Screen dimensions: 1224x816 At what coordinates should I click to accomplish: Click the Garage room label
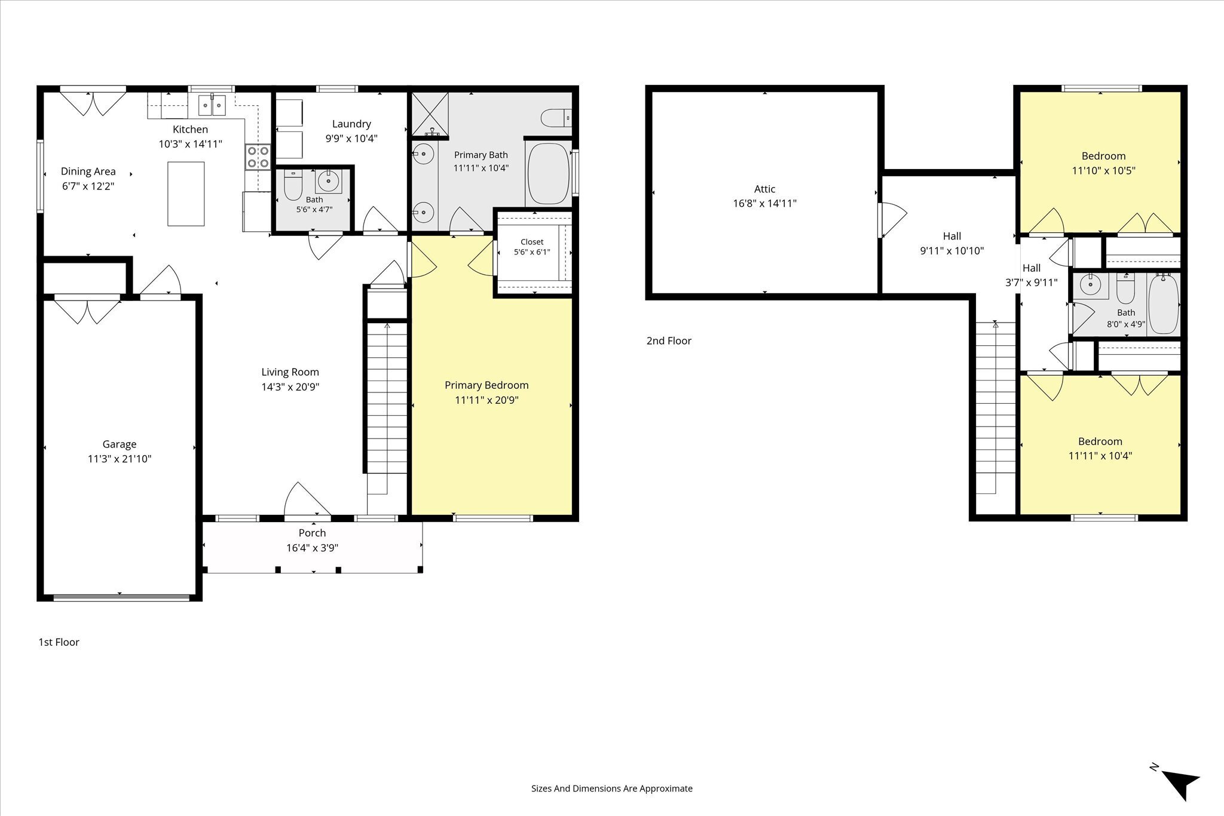(120, 444)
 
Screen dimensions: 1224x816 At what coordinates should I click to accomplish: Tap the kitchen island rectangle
(186, 194)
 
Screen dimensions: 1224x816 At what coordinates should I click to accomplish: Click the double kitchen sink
(212, 105)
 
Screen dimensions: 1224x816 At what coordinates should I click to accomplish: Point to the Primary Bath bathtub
(547, 174)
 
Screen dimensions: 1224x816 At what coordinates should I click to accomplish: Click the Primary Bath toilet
(556, 118)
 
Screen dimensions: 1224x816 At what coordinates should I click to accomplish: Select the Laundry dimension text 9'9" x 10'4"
(351, 139)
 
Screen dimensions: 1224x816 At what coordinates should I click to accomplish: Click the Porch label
(313, 533)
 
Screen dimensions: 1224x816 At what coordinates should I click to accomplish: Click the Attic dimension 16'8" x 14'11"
(765, 203)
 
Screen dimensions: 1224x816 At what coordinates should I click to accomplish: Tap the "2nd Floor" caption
(669, 341)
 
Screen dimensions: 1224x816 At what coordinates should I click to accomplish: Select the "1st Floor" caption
(59, 642)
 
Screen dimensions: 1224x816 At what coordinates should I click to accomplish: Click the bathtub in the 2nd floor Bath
(1163, 304)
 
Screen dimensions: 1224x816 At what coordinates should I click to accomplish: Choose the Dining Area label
(88, 172)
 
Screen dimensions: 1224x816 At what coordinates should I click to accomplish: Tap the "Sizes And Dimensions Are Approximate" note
(612, 789)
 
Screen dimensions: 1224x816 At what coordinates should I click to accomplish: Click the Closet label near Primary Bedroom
(532, 242)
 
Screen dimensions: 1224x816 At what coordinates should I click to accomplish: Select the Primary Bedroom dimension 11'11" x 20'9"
(486, 400)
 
